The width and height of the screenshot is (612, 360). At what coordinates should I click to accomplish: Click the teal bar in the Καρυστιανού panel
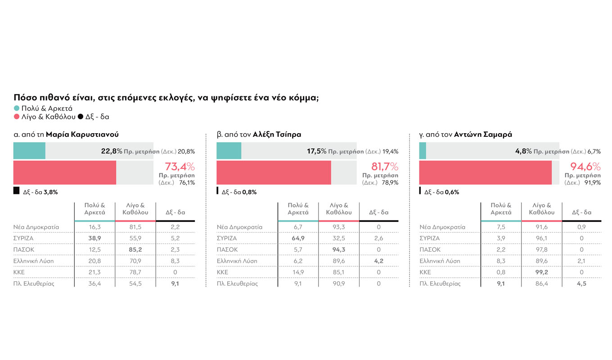point(29,151)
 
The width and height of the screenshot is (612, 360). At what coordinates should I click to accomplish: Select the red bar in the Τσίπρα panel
point(274,173)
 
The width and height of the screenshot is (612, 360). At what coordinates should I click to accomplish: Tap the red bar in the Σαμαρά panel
point(485,173)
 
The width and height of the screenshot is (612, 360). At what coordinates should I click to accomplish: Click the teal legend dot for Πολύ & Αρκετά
point(17,108)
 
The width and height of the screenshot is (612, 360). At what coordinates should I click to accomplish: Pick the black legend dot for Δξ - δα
point(81,117)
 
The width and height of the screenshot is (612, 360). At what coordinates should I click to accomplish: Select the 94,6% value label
point(586,166)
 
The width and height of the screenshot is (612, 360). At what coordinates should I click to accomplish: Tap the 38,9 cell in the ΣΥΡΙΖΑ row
point(94,238)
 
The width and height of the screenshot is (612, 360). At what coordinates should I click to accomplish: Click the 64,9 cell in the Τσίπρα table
point(298,238)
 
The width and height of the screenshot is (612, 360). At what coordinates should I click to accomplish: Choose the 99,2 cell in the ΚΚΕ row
point(541,272)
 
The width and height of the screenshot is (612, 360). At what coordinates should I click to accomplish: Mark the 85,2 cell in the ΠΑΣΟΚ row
point(135,250)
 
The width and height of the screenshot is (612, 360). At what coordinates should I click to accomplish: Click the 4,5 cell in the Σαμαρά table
point(581,283)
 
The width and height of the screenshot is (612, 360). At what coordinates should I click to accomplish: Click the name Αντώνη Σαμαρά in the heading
point(483,135)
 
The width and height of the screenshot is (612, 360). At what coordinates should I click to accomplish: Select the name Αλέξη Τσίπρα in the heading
point(277,135)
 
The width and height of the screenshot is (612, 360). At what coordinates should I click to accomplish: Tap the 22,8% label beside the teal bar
point(112,151)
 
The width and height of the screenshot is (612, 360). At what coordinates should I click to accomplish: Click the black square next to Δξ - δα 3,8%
point(16,191)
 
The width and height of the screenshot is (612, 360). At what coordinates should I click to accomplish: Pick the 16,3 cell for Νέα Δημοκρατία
point(94,227)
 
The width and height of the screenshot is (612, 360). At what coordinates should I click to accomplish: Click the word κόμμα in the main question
point(302,97)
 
